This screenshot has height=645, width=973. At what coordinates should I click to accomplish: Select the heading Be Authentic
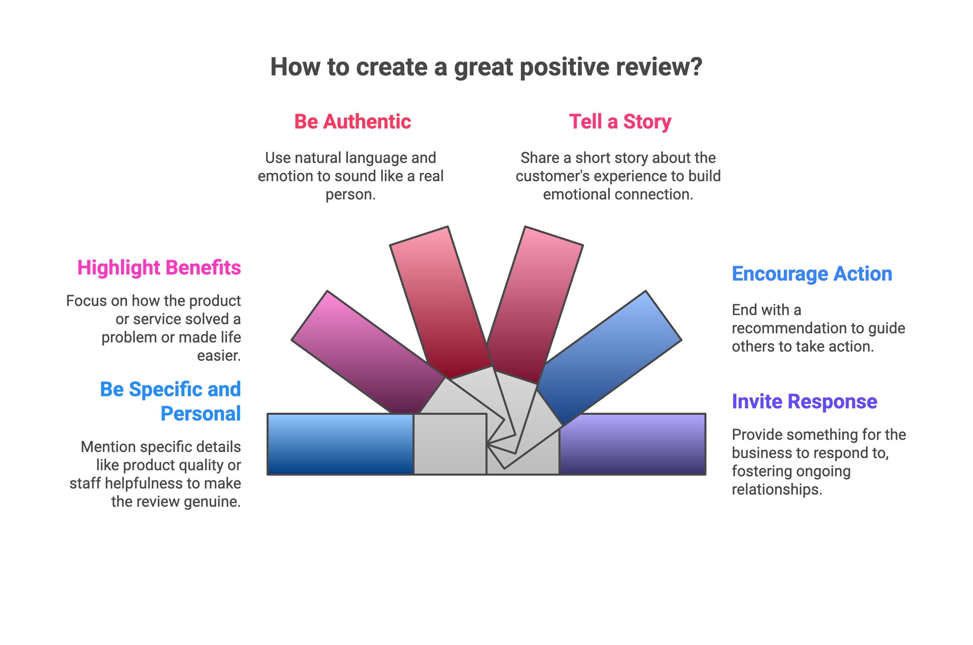[x=352, y=122]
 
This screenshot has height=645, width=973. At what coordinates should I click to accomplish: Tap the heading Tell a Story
[x=620, y=122]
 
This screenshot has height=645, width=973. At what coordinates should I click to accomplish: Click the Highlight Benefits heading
[x=159, y=268]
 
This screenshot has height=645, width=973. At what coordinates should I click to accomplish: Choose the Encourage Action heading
[x=812, y=274]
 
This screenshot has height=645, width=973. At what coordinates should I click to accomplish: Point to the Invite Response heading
[x=804, y=402]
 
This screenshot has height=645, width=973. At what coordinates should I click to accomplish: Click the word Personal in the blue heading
[x=201, y=414]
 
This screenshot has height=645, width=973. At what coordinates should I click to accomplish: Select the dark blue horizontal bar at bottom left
[x=340, y=444]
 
